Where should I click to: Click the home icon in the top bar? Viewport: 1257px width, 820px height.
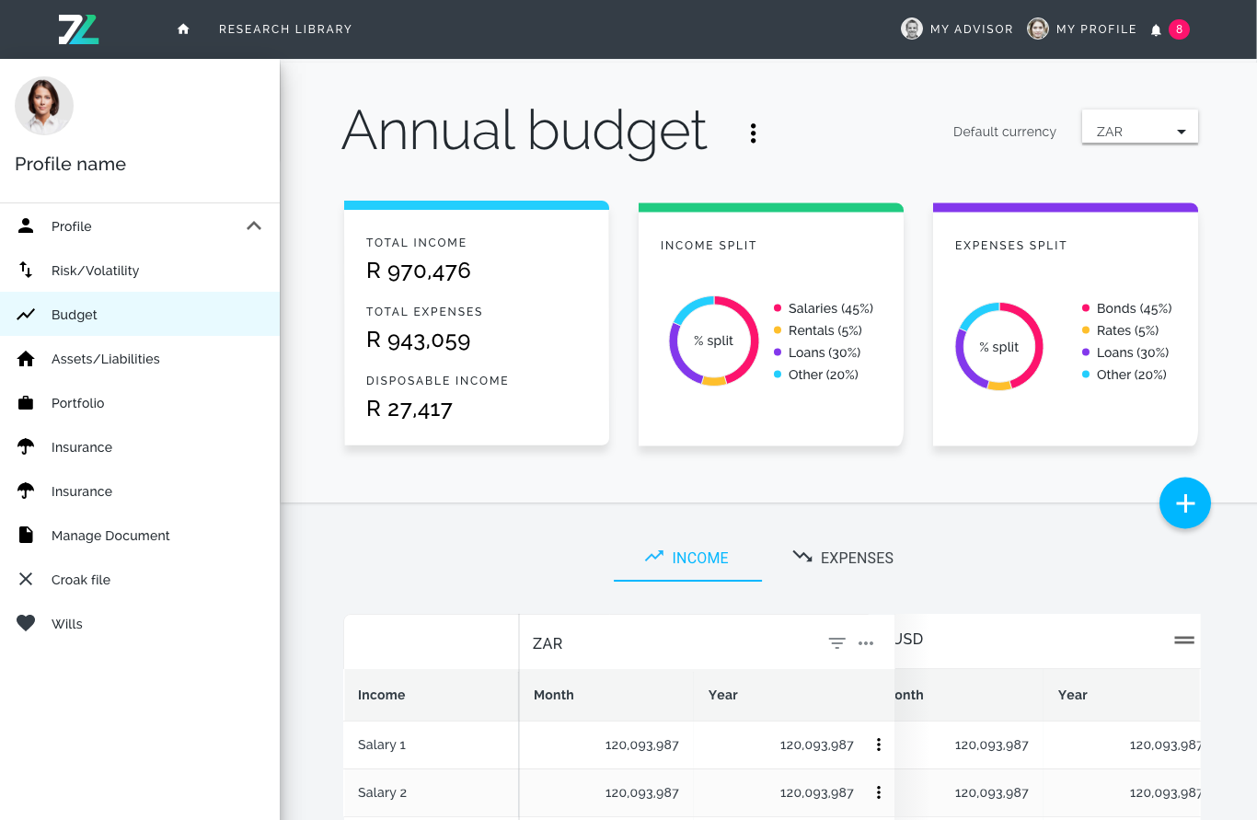pyautogui.click(x=183, y=29)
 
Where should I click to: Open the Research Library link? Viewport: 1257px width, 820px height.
pyautogui.click(x=285, y=29)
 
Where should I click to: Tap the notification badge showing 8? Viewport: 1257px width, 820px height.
pyautogui.click(x=1179, y=29)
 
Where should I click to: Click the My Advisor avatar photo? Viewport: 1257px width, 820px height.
pyautogui.click(x=911, y=29)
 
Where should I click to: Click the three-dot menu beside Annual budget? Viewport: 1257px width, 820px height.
pyautogui.click(x=753, y=133)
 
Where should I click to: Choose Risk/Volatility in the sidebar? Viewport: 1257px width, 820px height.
pyautogui.click(x=95, y=271)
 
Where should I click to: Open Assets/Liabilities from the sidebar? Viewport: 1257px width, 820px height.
pyautogui.click(x=106, y=359)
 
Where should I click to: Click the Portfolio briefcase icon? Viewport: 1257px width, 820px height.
pyautogui.click(x=26, y=403)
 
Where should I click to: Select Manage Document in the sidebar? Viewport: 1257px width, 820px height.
pyautogui.click(x=110, y=536)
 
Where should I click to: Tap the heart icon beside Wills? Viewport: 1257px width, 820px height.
pyautogui.click(x=26, y=623)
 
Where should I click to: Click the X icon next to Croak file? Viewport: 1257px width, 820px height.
pyautogui.click(x=26, y=579)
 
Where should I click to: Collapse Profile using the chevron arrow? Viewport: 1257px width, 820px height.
pyautogui.click(x=254, y=225)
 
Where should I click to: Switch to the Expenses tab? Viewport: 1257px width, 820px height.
pyautogui.click(x=843, y=558)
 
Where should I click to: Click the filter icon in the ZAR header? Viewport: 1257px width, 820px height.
pyautogui.click(x=836, y=643)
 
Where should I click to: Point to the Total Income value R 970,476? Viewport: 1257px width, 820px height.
pyautogui.click(x=418, y=271)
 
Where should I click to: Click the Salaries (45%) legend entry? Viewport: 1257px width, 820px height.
pyautogui.click(x=824, y=308)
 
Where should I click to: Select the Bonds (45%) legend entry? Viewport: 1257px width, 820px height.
pyautogui.click(x=1127, y=308)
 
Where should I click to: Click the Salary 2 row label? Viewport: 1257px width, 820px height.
pyautogui.click(x=382, y=792)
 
